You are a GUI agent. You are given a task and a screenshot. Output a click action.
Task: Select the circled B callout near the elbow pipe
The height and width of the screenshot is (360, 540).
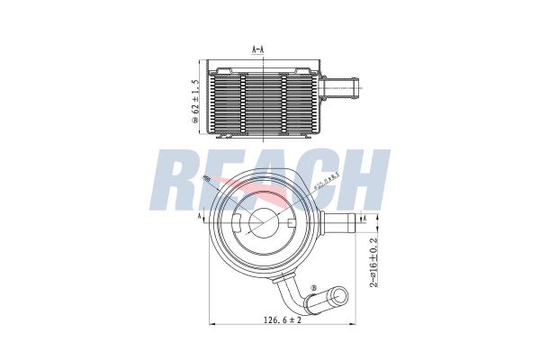point(312,289)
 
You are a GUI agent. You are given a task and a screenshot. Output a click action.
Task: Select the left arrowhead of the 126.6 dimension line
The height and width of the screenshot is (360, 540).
point(212,323)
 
